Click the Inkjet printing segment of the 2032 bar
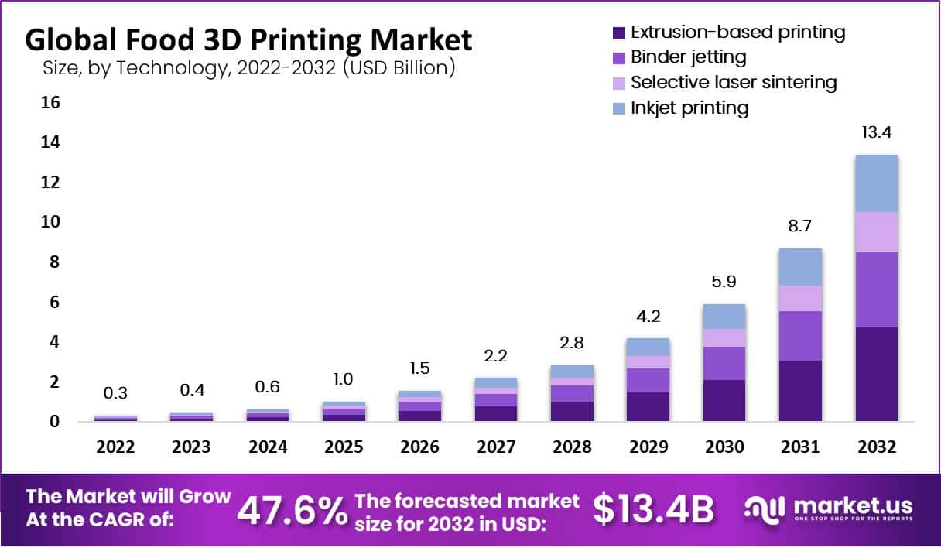pyautogui.click(x=876, y=183)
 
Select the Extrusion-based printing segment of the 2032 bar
pyautogui.click(x=876, y=374)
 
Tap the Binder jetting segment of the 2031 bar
pyautogui.click(x=800, y=335)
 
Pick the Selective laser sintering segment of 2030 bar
pyautogui.click(x=725, y=337)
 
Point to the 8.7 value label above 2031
pyautogui.click(x=800, y=228)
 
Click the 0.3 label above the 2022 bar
pyautogui.click(x=115, y=394)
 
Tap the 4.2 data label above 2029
pyautogui.click(x=648, y=317)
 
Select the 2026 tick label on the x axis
pyautogui.click(x=420, y=447)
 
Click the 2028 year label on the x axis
pyautogui.click(x=573, y=447)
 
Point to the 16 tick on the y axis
pyautogui.click(x=50, y=103)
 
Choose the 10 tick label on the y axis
pyautogui.click(x=50, y=223)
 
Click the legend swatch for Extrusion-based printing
pyautogui.click(x=618, y=33)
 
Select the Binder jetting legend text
pyautogui.click(x=688, y=57)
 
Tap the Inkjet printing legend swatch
pyautogui.click(x=618, y=108)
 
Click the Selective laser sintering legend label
pyautogui.click(x=734, y=82)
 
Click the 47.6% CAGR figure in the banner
pyautogui.click(x=291, y=510)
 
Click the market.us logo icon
pyautogui.click(x=765, y=509)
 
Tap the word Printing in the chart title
pyautogui.click(x=299, y=39)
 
